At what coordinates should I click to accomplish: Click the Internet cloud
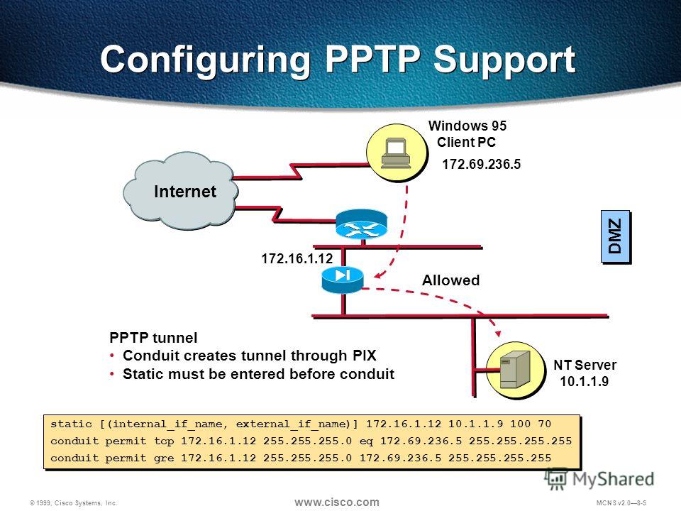tap(181, 190)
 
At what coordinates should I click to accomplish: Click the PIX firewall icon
tap(343, 280)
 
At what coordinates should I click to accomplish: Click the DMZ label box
tap(616, 236)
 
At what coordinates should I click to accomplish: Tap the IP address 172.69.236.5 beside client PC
tap(481, 164)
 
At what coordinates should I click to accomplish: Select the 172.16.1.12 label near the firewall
tap(297, 258)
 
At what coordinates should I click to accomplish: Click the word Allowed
tap(451, 280)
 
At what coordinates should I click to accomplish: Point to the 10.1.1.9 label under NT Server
tap(584, 382)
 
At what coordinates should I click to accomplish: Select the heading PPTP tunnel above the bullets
tap(153, 338)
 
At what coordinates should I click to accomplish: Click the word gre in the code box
tap(164, 458)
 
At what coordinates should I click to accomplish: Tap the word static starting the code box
tap(71, 424)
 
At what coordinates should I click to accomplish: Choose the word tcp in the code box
tap(164, 441)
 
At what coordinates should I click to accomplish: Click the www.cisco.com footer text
tap(336, 502)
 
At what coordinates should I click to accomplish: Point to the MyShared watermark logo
tap(599, 479)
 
